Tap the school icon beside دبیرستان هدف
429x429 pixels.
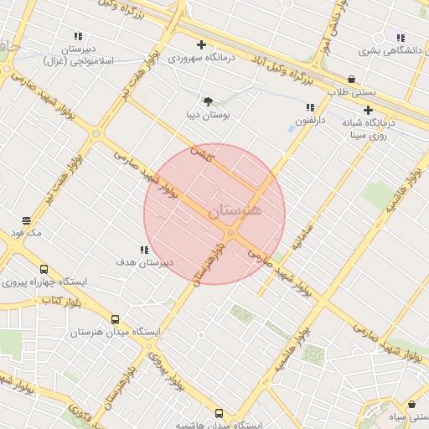(x=144, y=250)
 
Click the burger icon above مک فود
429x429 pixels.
(x=27, y=220)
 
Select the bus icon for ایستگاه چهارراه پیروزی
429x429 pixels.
(x=44, y=270)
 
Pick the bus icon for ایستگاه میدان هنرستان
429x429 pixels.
(x=115, y=319)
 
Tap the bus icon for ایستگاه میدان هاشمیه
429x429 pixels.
(x=219, y=413)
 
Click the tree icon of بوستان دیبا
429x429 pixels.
(x=208, y=101)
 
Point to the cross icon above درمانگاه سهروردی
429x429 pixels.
(x=201, y=44)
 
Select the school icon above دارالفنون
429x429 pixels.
(x=311, y=107)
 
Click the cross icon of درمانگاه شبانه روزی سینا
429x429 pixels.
(x=368, y=110)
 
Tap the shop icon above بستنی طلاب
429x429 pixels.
(x=350, y=79)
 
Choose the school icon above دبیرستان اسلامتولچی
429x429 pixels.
(x=78, y=36)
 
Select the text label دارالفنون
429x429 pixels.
(x=311, y=119)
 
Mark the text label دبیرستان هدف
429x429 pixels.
(x=144, y=261)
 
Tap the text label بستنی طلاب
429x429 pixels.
(x=351, y=91)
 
